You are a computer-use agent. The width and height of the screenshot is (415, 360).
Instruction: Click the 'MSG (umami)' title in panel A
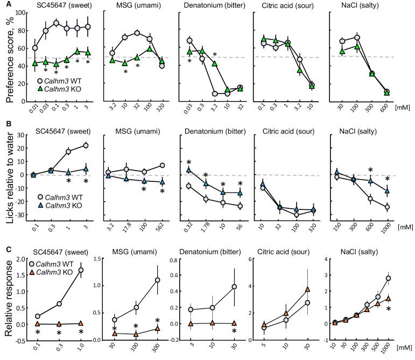coord(133,5)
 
